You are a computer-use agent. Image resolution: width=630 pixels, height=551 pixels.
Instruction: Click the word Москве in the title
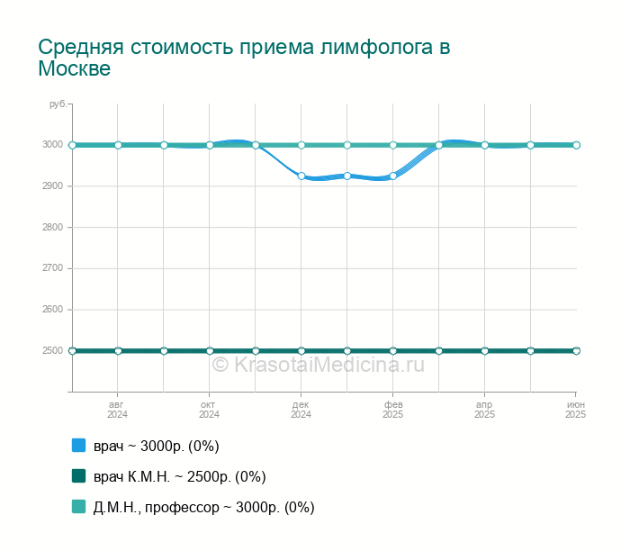74,69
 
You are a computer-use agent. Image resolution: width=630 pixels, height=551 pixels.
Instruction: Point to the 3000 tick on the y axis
52,145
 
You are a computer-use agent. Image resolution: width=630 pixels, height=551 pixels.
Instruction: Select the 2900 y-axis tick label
52,186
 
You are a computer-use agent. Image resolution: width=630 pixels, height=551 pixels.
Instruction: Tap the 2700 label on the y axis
52,268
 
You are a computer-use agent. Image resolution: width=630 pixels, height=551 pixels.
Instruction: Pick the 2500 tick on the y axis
52,351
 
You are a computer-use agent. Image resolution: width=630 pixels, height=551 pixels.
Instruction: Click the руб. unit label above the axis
58,105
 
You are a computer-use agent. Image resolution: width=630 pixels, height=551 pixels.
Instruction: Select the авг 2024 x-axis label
117,410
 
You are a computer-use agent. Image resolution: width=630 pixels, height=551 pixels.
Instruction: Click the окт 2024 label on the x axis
209,410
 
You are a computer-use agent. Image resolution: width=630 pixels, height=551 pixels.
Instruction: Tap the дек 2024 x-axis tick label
301,410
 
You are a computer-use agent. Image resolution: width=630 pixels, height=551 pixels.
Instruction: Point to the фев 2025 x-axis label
392,410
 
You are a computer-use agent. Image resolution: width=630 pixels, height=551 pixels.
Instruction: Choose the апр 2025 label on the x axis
484,410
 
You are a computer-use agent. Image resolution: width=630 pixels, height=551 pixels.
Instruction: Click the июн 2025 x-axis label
575,410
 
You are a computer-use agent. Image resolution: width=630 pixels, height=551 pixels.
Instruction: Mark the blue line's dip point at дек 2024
301,176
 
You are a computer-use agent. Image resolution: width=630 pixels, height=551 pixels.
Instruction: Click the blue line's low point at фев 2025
393,176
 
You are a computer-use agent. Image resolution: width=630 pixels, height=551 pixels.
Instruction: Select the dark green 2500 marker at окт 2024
210,351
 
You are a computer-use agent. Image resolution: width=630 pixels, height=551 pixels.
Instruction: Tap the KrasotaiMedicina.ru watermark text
318,365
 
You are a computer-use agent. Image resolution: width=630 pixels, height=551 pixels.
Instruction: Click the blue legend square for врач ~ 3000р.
78,445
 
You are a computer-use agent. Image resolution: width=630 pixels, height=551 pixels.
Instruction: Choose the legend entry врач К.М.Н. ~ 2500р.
179,476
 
